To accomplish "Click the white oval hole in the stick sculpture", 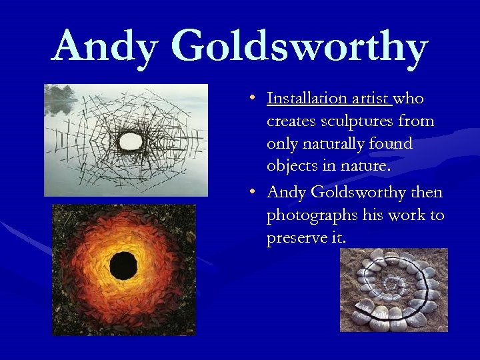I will [130, 140].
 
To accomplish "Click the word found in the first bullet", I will [393, 144].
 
